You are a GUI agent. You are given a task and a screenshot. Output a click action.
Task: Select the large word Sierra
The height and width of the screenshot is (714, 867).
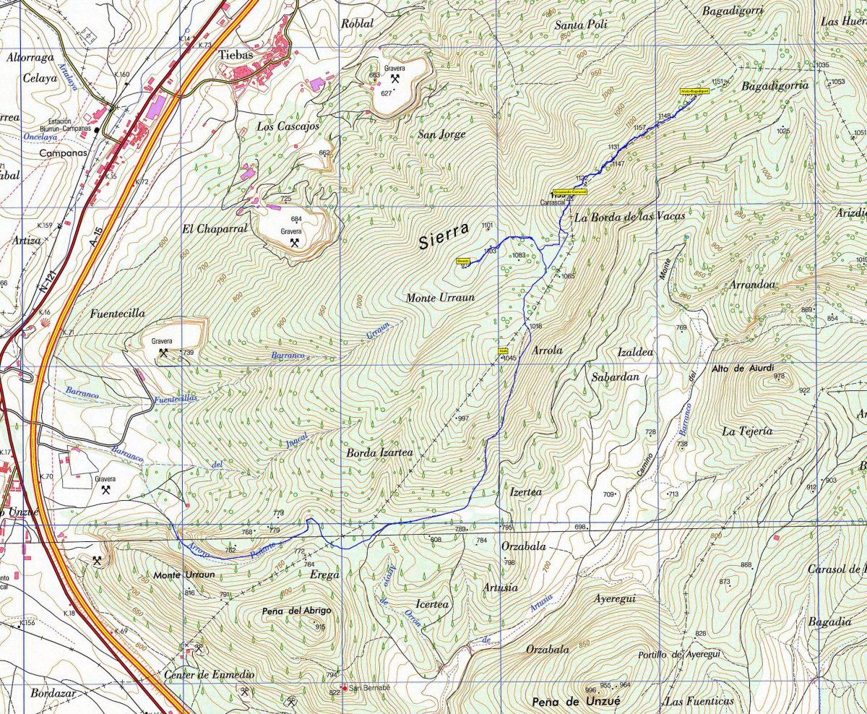tap(444, 238)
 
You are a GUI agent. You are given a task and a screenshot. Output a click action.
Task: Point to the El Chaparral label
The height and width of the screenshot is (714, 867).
tap(215, 228)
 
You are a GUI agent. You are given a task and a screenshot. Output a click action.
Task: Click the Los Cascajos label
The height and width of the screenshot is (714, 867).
tap(288, 126)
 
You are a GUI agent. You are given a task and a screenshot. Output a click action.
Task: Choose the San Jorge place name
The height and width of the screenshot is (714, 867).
tap(441, 134)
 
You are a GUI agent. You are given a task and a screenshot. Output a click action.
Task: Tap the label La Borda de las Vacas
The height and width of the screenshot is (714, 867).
tap(629, 216)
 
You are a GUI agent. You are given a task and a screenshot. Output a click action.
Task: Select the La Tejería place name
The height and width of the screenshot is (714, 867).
tap(747, 431)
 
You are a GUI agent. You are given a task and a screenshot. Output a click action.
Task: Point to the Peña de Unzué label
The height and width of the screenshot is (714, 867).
tap(575, 702)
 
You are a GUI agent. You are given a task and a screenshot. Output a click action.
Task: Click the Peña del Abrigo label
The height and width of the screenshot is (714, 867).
tap(297, 611)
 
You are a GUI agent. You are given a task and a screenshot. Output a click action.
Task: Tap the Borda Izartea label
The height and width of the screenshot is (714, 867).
tap(379, 453)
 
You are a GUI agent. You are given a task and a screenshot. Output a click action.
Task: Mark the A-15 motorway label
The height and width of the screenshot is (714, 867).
tap(98, 236)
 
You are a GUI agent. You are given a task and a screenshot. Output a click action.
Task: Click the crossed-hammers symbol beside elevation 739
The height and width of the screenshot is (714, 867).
tap(164, 353)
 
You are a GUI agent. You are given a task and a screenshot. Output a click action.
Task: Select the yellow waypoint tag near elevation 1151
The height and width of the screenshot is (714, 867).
tap(694, 92)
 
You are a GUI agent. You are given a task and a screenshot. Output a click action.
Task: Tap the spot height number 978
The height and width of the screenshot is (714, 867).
tap(779, 376)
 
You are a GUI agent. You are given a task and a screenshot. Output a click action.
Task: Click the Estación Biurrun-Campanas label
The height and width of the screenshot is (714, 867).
tap(69, 125)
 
